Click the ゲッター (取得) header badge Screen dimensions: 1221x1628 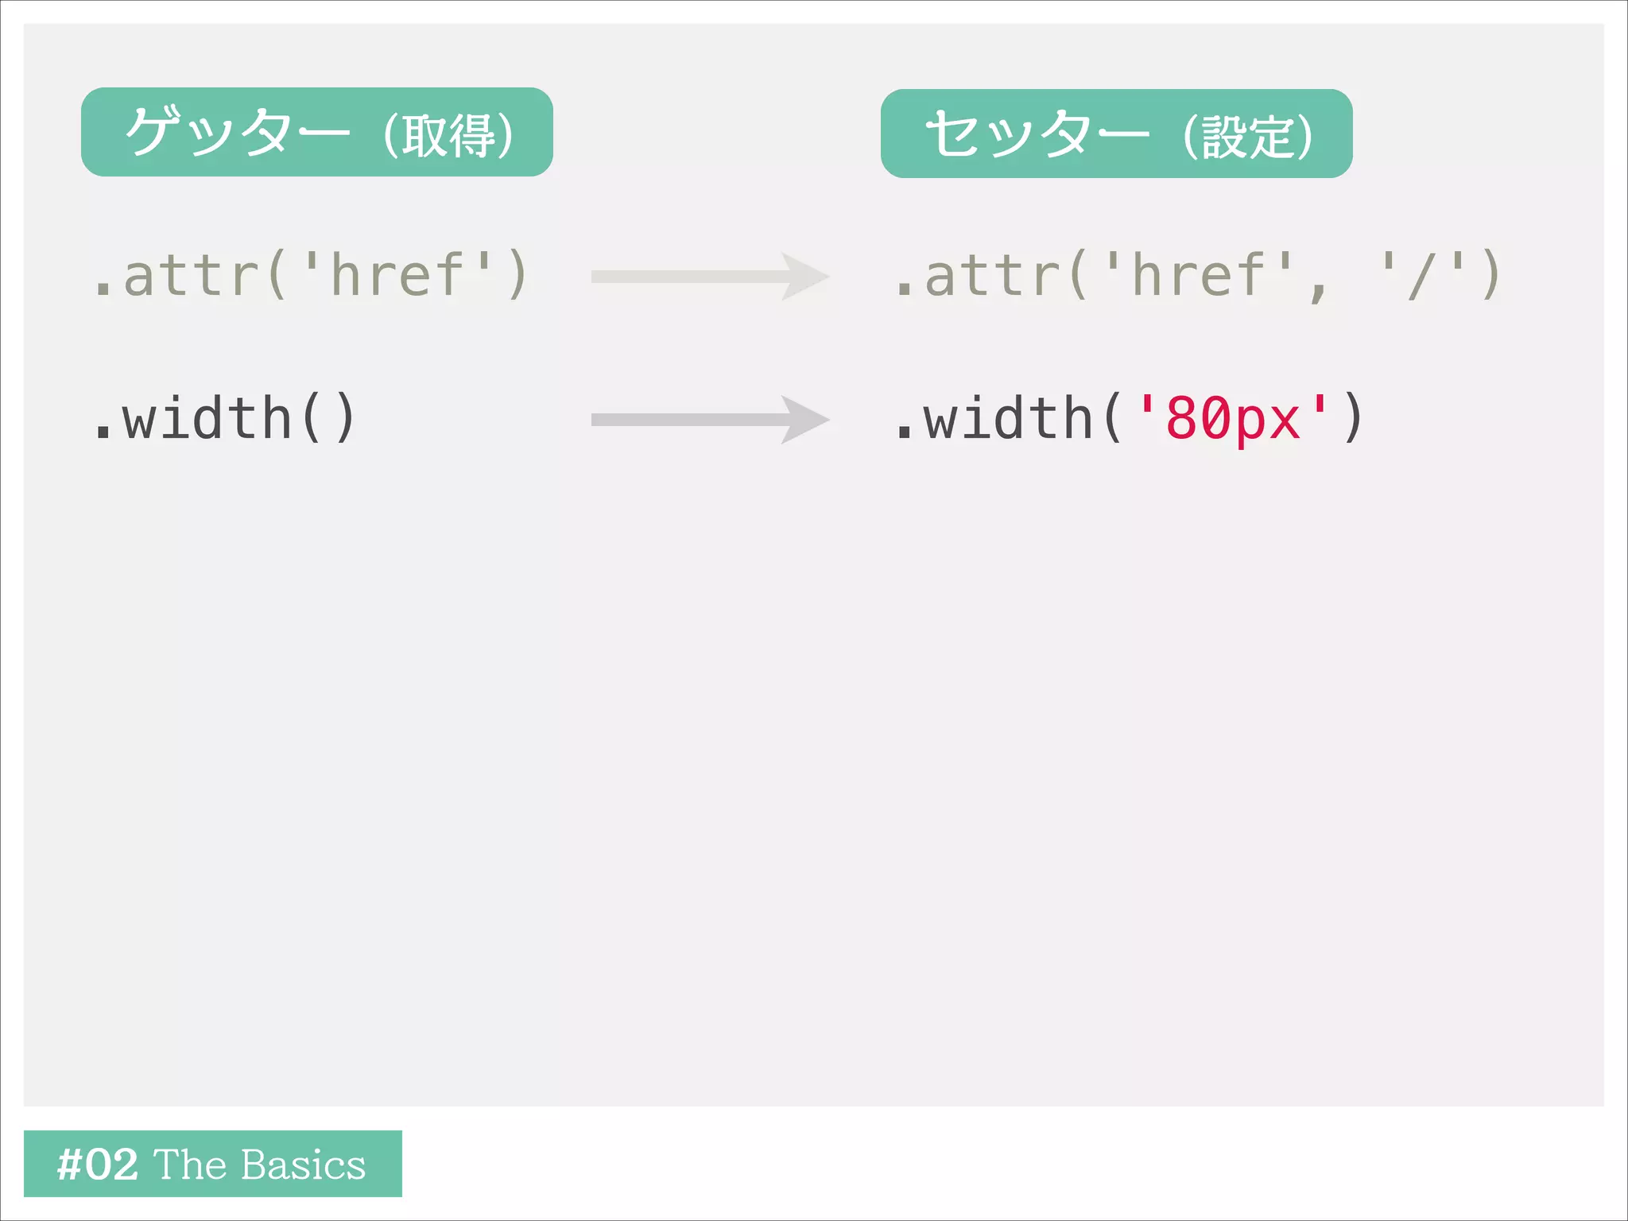tap(316, 132)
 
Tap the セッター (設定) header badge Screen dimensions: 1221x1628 tap(1116, 134)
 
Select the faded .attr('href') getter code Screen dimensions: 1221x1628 tap(310, 275)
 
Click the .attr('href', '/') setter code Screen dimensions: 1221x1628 tap(1197, 275)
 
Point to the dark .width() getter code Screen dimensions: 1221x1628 tap(225, 418)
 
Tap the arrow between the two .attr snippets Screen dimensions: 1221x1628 tap(709, 277)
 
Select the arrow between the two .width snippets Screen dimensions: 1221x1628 tap(709, 420)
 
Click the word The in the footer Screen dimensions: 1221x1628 tap(190, 1165)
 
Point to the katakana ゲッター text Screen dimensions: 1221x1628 tap(237, 132)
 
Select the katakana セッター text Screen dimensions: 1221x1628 tap(1037, 134)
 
